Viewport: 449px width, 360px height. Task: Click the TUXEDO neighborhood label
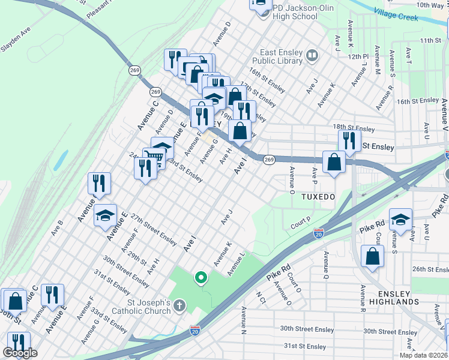tap(316, 197)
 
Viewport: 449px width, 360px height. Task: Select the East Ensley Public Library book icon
tap(312, 57)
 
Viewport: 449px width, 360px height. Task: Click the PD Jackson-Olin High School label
tap(294, 12)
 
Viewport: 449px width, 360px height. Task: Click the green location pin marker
tap(201, 278)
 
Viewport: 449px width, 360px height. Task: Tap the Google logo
tap(20, 353)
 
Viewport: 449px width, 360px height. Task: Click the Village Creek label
tap(396, 14)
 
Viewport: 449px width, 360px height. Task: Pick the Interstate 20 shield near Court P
tap(319, 233)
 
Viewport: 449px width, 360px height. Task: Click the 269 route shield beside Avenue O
tap(268, 159)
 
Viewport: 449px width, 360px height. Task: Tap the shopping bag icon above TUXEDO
tap(333, 163)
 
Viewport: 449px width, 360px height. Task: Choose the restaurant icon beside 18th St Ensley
tap(349, 140)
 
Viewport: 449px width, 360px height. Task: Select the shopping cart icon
tap(154, 158)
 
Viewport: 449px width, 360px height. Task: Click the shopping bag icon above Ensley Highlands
tap(373, 256)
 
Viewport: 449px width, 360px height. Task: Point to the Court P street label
tap(300, 224)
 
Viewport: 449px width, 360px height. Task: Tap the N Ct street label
tap(261, 298)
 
